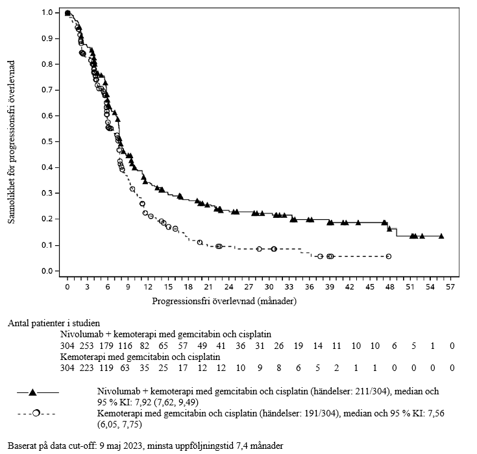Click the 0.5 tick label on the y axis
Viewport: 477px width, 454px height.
pos(47,142)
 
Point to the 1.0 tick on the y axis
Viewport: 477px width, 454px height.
pos(47,12)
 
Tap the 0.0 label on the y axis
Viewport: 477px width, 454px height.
pos(47,271)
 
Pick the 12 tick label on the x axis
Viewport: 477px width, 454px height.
pos(148,287)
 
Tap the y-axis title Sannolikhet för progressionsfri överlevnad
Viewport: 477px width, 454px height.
pos(12,141)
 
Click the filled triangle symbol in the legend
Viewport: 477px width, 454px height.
pos(32,392)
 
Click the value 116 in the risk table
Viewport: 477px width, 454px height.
pos(144,346)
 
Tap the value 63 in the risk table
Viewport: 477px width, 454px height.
pos(144,368)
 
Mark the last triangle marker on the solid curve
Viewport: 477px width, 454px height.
pos(441,236)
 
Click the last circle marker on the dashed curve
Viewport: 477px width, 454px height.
pos(389,256)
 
